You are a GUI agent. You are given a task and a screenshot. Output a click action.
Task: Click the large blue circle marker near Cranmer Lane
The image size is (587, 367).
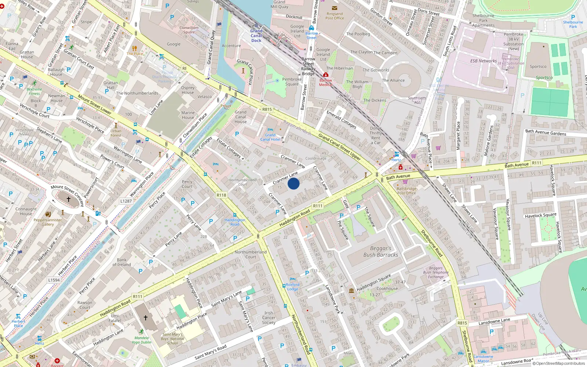(x=293, y=183)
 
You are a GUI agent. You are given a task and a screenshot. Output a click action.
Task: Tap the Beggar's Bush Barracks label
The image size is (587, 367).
(x=380, y=251)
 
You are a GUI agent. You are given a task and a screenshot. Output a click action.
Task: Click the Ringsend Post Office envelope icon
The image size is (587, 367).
(x=335, y=8)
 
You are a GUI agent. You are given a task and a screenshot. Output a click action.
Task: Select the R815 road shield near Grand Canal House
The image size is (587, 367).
(x=267, y=109)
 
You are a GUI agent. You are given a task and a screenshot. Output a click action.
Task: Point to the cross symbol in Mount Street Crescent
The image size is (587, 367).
(x=69, y=199)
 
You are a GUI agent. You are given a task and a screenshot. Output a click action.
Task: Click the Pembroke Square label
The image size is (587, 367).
(x=292, y=81)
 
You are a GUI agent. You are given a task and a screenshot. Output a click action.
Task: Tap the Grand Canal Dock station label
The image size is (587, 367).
(x=256, y=36)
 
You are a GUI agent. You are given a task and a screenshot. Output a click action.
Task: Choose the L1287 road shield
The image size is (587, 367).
(x=126, y=201)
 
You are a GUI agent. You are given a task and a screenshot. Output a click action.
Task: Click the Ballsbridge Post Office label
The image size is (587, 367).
(x=406, y=190)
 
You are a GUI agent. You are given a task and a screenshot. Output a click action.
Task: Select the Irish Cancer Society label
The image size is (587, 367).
(x=269, y=318)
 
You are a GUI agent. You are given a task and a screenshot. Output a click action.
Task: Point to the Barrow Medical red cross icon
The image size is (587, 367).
(x=325, y=75)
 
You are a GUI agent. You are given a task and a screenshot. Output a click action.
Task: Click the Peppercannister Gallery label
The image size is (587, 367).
(x=48, y=222)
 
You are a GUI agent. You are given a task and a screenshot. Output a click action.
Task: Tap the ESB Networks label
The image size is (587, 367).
(x=483, y=61)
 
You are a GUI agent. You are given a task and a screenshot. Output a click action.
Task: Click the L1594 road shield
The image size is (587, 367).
(x=54, y=280)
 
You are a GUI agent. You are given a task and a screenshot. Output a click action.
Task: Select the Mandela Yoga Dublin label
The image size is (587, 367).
(x=142, y=340)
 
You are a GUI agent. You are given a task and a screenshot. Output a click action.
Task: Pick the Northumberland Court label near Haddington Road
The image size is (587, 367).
(x=251, y=254)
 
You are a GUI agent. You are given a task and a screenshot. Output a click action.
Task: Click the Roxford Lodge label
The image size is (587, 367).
(x=292, y=287)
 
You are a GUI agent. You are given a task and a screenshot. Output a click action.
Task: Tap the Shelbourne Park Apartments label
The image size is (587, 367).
(x=483, y=21)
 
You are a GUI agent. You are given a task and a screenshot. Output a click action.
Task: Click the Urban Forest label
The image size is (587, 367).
(x=116, y=133)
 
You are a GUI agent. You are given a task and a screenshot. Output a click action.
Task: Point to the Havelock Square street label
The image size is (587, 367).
(x=540, y=215)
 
